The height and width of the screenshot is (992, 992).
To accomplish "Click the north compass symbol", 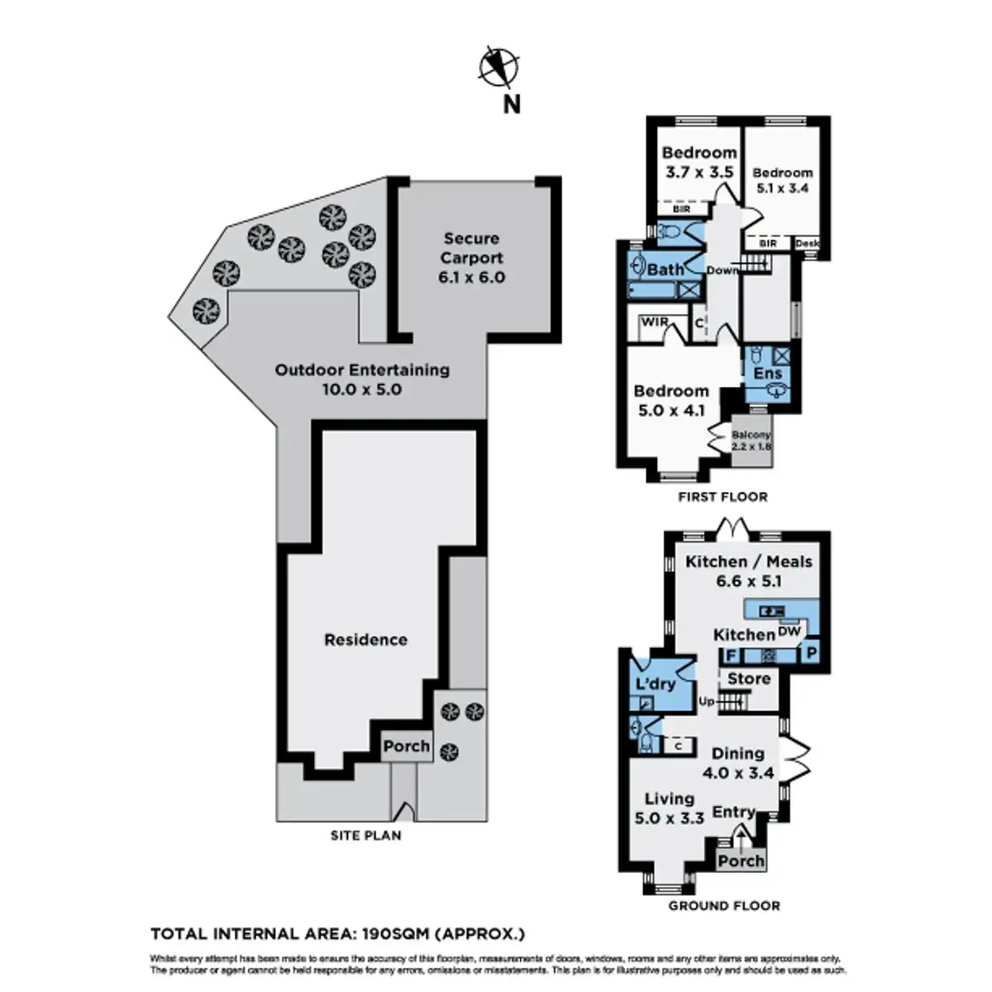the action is point(499,67).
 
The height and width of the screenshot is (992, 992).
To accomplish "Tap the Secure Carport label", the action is point(471,258).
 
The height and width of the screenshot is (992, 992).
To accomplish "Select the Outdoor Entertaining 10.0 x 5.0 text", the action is point(362,379).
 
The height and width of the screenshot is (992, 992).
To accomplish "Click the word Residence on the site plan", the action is point(365,639).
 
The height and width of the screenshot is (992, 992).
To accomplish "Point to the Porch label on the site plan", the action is point(406,746).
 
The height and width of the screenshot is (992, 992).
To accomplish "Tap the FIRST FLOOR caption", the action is point(723,497).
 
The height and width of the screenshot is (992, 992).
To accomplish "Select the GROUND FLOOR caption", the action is point(723,906).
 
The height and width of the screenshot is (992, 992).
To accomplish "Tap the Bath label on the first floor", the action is point(665,269).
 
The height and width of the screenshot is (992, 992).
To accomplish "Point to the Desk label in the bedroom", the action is point(806,244).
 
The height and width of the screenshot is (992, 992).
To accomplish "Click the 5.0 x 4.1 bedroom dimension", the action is point(670,408).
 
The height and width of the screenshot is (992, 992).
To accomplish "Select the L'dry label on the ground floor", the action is point(656,684).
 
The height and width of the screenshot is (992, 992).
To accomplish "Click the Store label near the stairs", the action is point(748,679).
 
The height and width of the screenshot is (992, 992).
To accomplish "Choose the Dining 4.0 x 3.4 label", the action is point(737,763).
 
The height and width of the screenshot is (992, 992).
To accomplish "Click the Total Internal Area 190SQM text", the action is point(337,935).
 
